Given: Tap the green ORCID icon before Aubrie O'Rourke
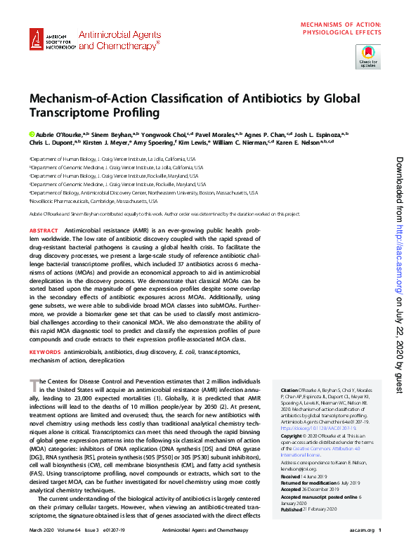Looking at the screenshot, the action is click(x=32, y=133).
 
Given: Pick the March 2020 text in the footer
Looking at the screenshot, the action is click(x=43, y=530).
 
